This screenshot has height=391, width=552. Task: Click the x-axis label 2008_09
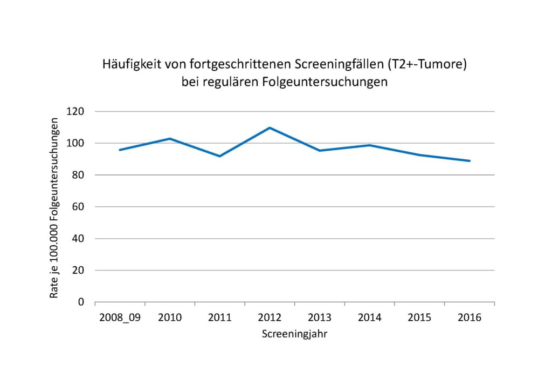click(x=119, y=317)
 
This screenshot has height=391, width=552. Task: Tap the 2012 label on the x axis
click(x=270, y=317)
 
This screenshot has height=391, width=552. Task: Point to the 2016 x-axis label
click(x=470, y=317)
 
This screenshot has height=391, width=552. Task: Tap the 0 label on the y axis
click(x=82, y=302)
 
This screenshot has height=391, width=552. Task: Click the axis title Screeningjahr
click(x=295, y=334)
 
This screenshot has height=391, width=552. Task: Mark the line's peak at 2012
click(x=270, y=127)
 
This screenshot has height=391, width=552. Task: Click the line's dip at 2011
click(x=219, y=156)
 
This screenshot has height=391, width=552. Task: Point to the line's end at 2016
click(x=470, y=161)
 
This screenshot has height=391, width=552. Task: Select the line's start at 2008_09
click(x=120, y=150)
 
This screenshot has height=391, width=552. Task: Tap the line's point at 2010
click(x=169, y=139)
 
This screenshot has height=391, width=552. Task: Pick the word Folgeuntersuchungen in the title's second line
click(x=335, y=83)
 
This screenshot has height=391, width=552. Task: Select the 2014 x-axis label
click(x=369, y=317)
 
